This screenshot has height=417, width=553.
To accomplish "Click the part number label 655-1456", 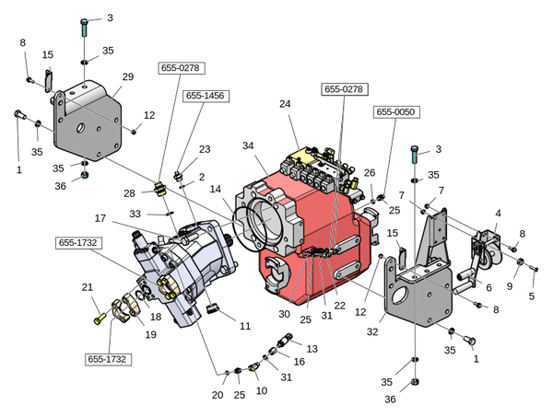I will pyautogui.click(x=206, y=96).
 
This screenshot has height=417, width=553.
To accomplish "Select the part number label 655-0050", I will pyautogui.click(x=396, y=111).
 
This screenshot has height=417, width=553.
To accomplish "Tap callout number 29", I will pyautogui.click(x=128, y=76).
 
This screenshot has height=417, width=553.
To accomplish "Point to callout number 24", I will pyautogui.click(x=285, y=104).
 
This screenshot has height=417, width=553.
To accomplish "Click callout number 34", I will pyautogui.click(x=248, y=147).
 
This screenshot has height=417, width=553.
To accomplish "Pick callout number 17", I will pyautogui.click(x=100, y=218).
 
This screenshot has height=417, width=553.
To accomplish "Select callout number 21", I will pyautogui.click(x=88, y=287).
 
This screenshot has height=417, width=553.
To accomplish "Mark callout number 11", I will pyautogui.click(x=245, y=326).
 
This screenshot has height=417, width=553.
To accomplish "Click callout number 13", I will pyautogui.click(x=311, y=349).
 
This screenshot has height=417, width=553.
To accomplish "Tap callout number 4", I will pyautogui.click(x=498, y=214).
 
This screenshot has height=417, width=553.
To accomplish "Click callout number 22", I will pyautogui.click(x=339, y=306).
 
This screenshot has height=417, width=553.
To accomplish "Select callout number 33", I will pyautogui.click(x=135, y=214).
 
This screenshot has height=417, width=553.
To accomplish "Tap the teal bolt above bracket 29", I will pyautogui.click(x=85, y=23).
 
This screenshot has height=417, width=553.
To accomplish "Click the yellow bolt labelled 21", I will pyautogui.click(x=100, y=319).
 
